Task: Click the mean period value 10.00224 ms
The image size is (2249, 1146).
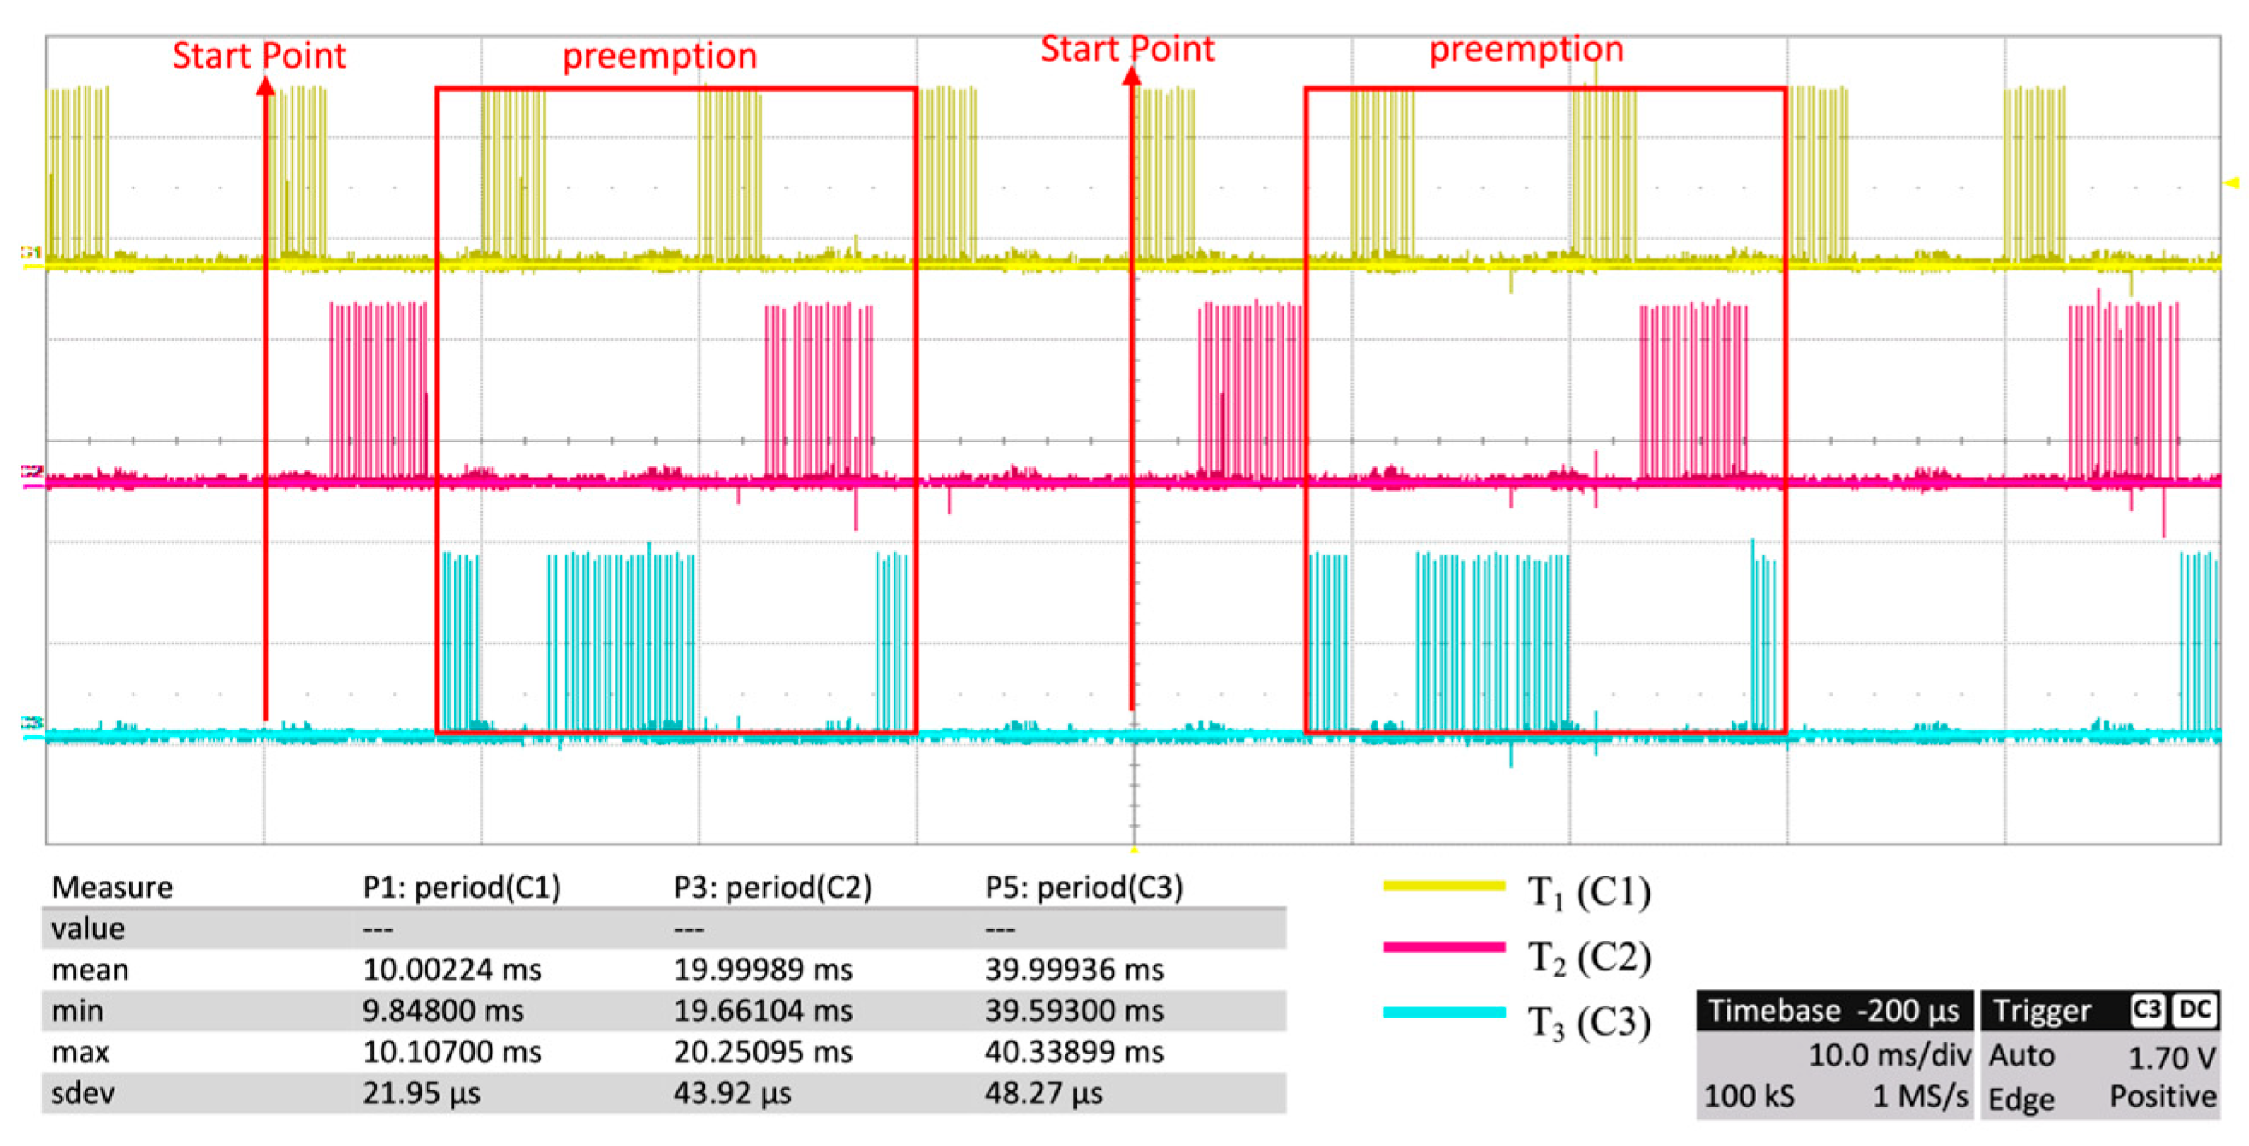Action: click(452, 970)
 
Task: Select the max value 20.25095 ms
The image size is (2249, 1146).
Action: click(762, 1052)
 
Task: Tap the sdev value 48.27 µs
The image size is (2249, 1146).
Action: click(1043, 1093)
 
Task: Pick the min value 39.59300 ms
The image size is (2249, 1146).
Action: click(1074, 1011)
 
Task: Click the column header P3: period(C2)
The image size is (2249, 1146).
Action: click(773, 888)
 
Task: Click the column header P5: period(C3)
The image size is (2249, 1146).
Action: click(1083, 888)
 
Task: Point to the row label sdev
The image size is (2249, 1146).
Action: click(83, 1093)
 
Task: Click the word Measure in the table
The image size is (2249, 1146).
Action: click(112, 888)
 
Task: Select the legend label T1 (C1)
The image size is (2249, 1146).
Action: click(1588, 892)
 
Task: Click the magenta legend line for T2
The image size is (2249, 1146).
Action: click(1444, 947)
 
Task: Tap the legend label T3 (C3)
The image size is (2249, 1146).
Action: click(1588, 1022)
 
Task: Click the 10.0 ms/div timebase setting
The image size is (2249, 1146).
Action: click(1888, 1055)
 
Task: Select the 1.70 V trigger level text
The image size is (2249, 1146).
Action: click(2171, 1058)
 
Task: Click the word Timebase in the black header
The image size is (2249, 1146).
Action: click(1774, 1011)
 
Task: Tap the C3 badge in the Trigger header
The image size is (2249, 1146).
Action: click(2147, 1010)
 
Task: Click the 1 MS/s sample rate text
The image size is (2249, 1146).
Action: click(1920, 1096)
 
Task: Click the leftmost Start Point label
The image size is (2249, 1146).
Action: click(259, 56)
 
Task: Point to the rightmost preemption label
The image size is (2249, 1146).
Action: click(1526, 49)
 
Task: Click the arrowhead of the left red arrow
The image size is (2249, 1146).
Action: click(265, 86)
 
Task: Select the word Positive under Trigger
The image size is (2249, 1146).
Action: click(2163, 1096)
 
